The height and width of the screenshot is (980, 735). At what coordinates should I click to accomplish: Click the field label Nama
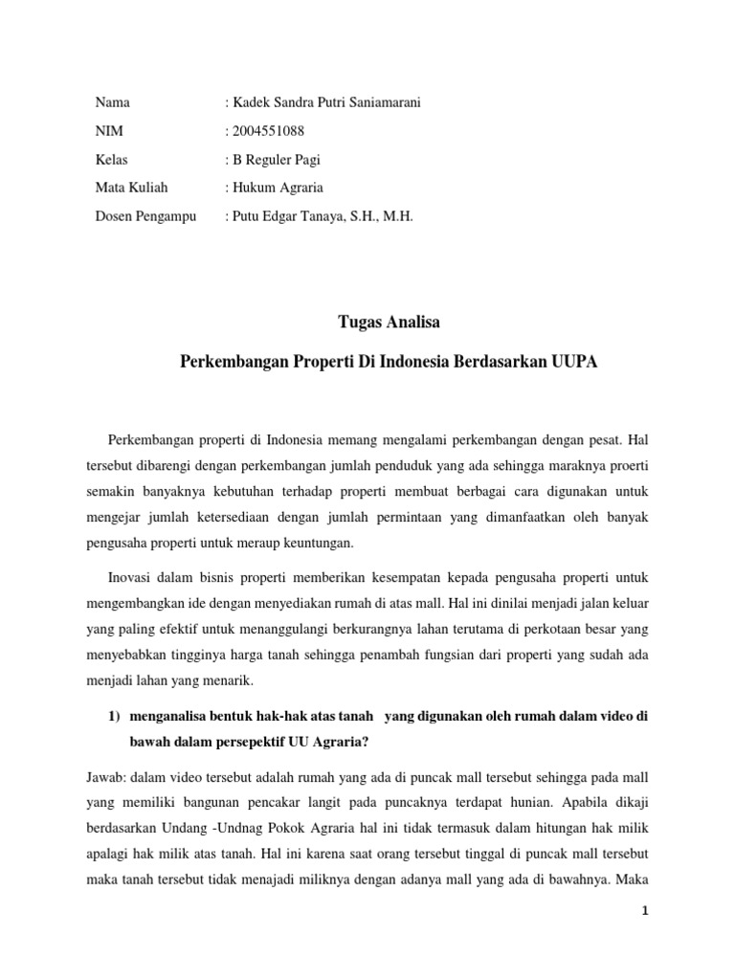[x=113, y=102]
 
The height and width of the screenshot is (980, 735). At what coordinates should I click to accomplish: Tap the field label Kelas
[x=111, y=160]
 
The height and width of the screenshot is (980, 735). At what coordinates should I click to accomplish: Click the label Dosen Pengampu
[x=145, y=217]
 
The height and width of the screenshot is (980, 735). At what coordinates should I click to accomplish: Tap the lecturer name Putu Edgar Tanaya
[x=288, y=217]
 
